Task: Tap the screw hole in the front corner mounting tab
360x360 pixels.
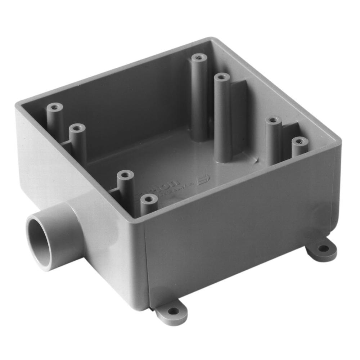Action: click(x=173, y=311)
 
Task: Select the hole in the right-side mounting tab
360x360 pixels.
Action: click(x=323, y=248)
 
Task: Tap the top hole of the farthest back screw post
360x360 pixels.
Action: click(x=199, y=57)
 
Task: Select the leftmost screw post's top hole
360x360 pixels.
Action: click(x=54, y=107)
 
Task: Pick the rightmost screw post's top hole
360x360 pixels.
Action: click(x=300, y=141)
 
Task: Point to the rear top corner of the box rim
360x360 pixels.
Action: click(x=212, y=39)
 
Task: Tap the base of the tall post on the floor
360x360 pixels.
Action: click(x=223, y=157)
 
